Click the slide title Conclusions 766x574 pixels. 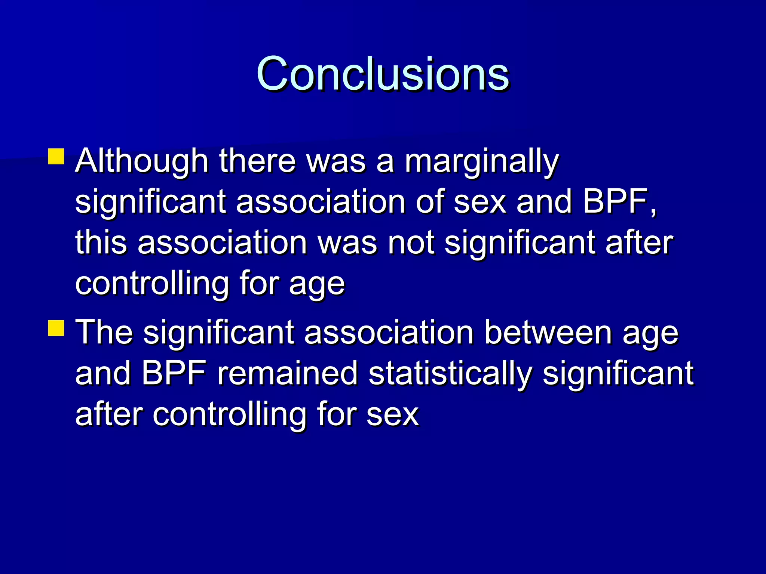382,73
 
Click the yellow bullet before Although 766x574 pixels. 56,157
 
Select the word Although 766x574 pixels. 141,161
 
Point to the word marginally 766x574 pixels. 482,161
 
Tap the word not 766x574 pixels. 411,243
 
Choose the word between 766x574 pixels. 548,333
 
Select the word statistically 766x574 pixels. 450,374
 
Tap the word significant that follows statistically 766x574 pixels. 618,374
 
